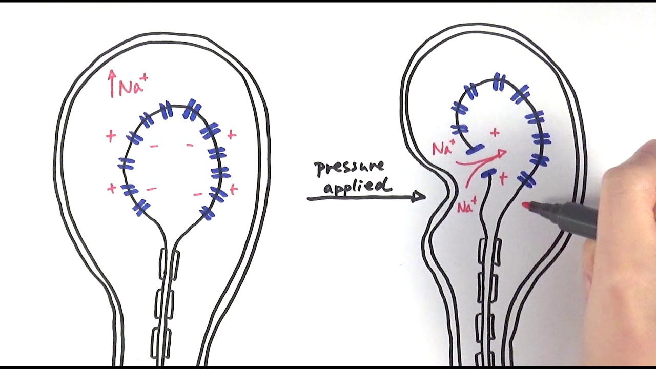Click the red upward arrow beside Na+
[x=112, y=84]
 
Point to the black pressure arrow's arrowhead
[x=418, y=196]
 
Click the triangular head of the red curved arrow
[x=501, y=153]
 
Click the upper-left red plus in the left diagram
[x=111, y=136]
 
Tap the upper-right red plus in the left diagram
[x=232, y=135]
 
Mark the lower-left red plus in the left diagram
[x=111, y=188]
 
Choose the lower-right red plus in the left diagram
[x=233, y=190]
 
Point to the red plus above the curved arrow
[x=495, y=133]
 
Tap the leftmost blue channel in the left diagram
[x=126, y=163]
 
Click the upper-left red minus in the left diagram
[x=154, y=146]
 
